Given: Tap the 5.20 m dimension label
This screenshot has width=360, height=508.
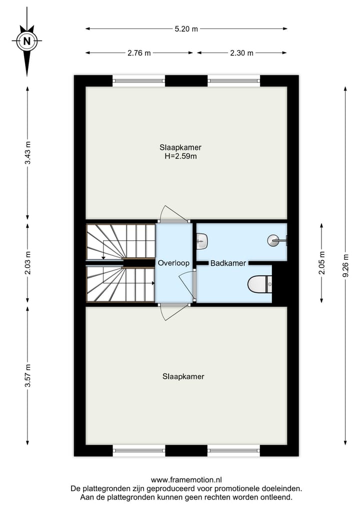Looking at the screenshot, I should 186,29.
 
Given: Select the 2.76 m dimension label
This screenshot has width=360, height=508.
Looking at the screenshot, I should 139,53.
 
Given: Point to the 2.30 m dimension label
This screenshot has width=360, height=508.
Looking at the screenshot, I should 241,53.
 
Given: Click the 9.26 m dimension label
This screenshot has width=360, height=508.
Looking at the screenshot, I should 345,266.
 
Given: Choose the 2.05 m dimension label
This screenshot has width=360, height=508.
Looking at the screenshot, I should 321,263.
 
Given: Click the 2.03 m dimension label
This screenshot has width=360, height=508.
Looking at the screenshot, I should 27,263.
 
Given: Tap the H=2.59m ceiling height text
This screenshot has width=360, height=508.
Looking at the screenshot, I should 180,156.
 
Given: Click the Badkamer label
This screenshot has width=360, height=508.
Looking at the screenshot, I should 228,263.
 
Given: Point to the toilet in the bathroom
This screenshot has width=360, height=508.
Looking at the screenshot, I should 259,284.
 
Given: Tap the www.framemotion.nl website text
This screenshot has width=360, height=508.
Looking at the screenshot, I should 186,480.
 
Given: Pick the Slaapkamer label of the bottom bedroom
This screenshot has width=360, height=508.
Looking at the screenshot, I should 183,377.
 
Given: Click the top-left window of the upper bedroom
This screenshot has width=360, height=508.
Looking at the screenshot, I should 138,80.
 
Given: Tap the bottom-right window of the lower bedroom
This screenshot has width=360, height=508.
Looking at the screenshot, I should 233,451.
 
